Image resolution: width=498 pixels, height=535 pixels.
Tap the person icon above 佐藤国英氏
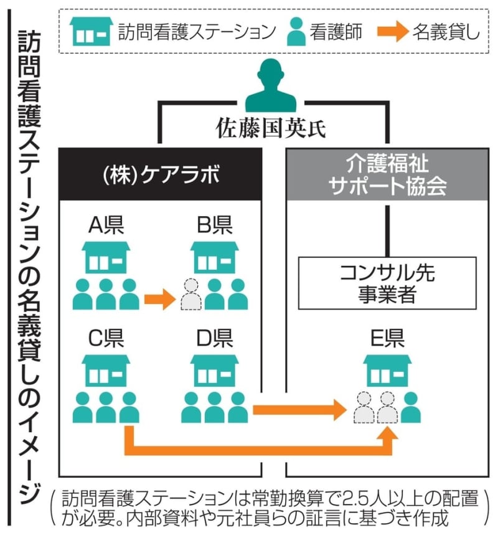click(x=271, y=87)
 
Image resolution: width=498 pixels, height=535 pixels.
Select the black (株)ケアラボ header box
click(x=161, y=174)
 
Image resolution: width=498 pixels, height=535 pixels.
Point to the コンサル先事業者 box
click(x=387, y=283)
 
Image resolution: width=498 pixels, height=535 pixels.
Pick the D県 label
click(x=215, y=338)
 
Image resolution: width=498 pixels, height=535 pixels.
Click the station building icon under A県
click(x=106, y=257)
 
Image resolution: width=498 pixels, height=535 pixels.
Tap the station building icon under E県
click(x=387, y=371)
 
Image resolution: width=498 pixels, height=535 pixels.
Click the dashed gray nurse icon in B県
click(x=191, y=295)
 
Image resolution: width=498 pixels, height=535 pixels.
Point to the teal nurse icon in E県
click(x=411, y=407)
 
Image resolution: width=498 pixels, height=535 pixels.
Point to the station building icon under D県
click(x=215, y=371)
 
